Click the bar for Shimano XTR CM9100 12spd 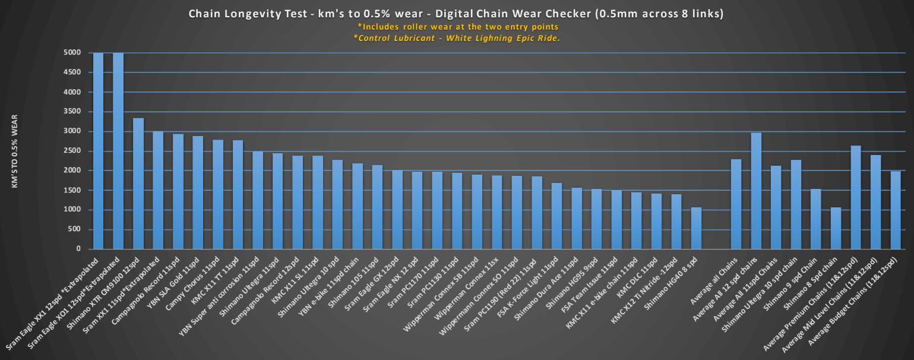click(138, 184)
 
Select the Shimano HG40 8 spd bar click(696, 229)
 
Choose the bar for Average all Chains click(736, 204)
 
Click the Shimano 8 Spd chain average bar click(836, 229)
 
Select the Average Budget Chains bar click(896, 210)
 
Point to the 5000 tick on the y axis click(72, 53)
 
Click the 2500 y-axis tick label click(72, 151)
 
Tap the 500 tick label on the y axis click(75, 230)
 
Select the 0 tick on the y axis click(79, 250)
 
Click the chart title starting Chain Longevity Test click(456, 14)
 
